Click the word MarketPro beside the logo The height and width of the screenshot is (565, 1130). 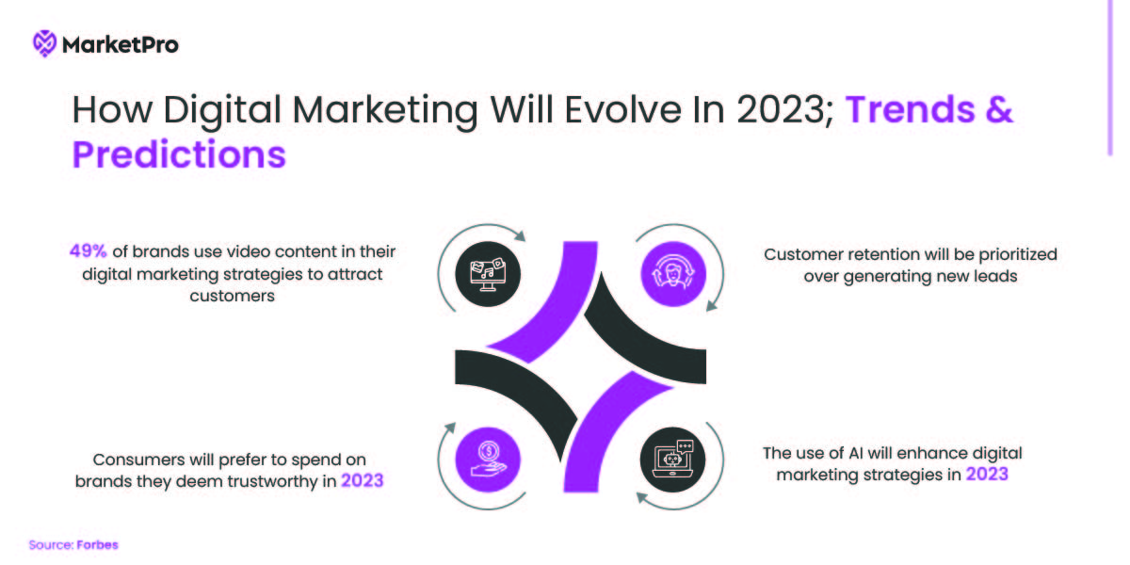[120, 43]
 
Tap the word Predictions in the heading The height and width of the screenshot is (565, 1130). [179, 154]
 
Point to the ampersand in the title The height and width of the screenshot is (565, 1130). [1000, 111]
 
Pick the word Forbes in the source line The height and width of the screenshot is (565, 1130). [98, 545]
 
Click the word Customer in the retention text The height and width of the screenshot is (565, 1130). [801, 254]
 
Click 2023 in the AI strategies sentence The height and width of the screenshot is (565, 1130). [986, 475]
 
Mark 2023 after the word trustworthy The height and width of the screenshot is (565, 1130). [363, 481]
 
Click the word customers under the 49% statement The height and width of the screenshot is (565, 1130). [232, 295]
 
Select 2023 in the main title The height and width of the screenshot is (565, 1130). [781, 111]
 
